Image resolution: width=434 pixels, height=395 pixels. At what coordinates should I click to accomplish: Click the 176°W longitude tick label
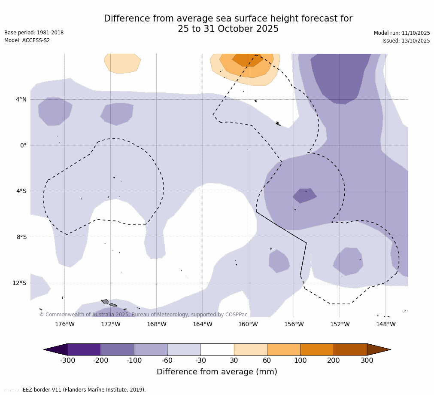coord(64,324)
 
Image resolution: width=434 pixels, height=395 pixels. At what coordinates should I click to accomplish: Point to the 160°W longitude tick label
coord(248,324)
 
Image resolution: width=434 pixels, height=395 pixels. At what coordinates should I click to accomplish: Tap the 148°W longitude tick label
coord(385,324)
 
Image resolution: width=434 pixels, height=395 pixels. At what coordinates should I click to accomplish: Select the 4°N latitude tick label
coord(21,99)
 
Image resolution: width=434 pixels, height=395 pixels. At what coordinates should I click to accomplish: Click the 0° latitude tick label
coord(23,145)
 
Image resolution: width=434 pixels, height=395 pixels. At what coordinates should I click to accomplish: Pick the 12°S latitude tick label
coord(19,283)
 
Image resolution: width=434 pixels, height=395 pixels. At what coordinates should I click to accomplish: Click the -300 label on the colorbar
coord(67,361)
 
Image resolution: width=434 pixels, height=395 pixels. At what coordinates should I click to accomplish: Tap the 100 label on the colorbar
coord(300,361)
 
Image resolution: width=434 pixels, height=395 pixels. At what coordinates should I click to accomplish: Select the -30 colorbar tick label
coord(200,361)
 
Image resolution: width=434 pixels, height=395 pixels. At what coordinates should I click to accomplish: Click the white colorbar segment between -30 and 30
coord(217,349)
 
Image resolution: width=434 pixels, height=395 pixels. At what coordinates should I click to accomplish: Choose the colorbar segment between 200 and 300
coord(350,349)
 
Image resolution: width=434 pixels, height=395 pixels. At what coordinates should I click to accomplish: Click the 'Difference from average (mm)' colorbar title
coord(217,372)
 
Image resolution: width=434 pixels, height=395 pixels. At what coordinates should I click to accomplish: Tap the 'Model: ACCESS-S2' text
coord(27,40)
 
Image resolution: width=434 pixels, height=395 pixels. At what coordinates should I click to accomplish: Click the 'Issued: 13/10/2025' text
coord(406,41)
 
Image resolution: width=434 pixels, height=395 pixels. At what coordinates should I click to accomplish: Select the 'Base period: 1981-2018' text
coord(34,33)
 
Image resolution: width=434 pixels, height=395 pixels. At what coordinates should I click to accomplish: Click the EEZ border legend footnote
coord(75,390)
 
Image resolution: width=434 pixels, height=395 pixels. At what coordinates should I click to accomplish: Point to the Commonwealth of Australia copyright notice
coord(143,315)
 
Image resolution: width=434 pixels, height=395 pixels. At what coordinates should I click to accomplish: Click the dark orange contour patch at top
coord(248,60)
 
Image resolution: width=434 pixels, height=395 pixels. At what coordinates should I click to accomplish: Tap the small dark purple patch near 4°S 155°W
coord(304,195)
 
